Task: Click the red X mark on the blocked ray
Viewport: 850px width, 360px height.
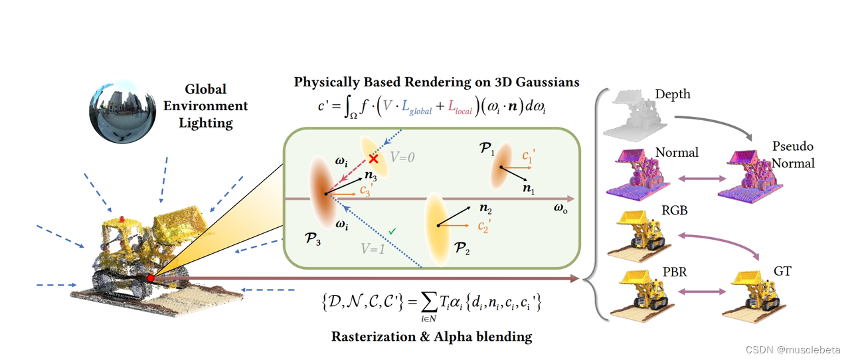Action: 375,159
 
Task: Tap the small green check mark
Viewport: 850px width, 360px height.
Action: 393,231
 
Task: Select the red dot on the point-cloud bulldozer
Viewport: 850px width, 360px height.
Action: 151,278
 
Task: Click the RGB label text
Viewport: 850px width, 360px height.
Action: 674,211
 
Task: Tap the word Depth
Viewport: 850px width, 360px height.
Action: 672,94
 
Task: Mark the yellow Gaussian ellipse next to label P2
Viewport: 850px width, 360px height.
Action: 439,227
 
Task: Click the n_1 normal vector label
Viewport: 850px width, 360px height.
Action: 529,190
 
